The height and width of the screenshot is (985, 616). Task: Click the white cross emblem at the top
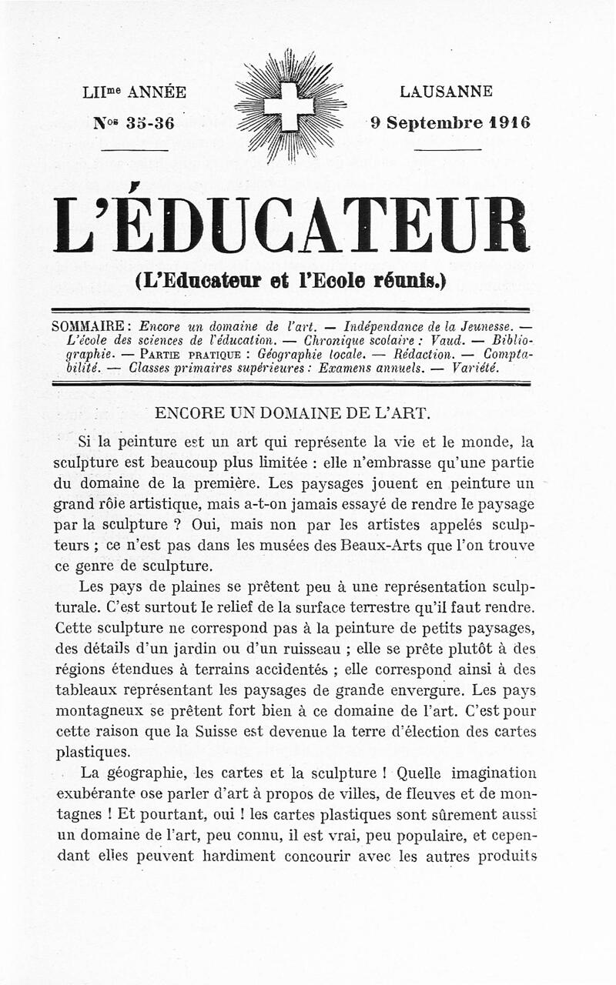[290, 107]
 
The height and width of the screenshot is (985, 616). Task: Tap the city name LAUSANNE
[447, 92]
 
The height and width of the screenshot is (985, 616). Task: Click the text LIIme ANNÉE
[134, 92]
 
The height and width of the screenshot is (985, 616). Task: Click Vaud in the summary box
[447, 339]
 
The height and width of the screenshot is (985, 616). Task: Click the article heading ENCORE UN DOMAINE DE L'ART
[292, 412]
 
